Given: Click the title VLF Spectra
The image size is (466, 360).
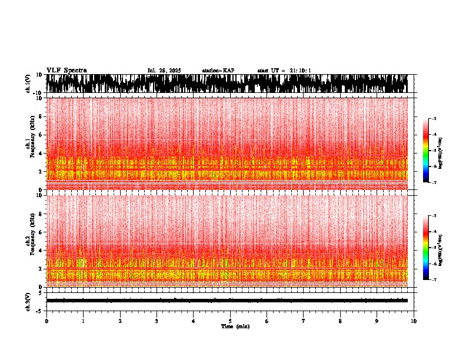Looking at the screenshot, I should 66,70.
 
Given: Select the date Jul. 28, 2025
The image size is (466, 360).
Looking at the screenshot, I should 164,71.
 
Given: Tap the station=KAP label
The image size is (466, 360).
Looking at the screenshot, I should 218,71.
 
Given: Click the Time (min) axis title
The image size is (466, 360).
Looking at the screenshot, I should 235,326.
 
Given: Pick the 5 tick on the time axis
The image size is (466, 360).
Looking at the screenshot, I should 230,321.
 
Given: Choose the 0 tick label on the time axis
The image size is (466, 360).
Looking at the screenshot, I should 46,321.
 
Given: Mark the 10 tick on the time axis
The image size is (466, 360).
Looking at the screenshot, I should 414,321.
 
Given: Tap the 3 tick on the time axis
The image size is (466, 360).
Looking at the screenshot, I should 157,321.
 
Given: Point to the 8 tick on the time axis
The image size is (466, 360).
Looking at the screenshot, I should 341,321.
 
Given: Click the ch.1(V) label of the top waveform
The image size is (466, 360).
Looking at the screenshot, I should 28,84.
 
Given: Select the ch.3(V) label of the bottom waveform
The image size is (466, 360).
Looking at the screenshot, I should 28,301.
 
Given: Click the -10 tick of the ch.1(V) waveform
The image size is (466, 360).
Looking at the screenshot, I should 37,93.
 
